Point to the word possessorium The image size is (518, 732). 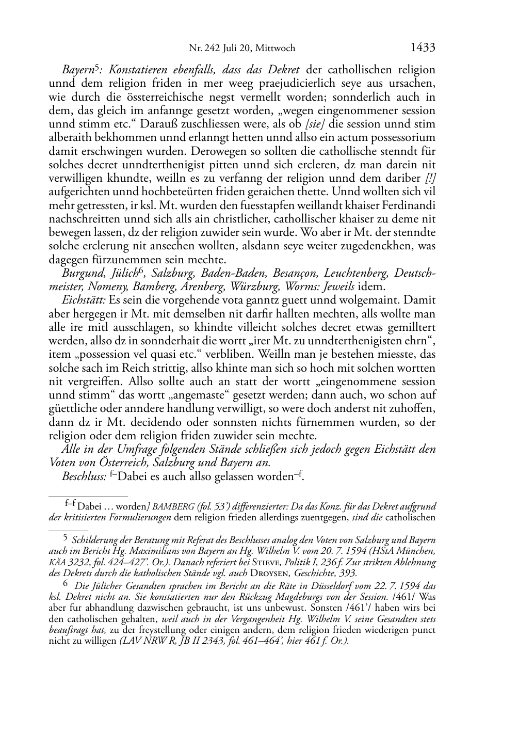coord(403,137)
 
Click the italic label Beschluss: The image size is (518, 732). coord(84,476)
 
